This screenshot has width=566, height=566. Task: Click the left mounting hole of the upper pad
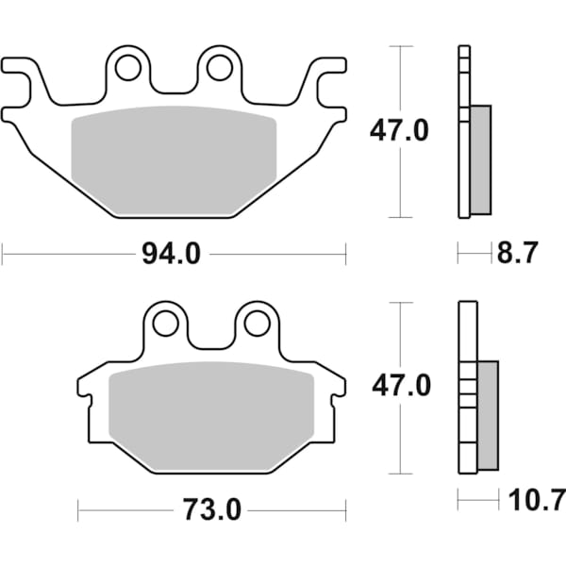[128, 67]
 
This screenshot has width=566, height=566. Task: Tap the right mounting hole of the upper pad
[219, 67]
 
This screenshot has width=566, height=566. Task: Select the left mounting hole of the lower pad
[166, 324]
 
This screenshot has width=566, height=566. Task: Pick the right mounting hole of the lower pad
[256, 324]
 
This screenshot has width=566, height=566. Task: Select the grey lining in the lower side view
[488, 415]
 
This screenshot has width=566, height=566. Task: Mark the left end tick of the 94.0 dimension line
[3, 254]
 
